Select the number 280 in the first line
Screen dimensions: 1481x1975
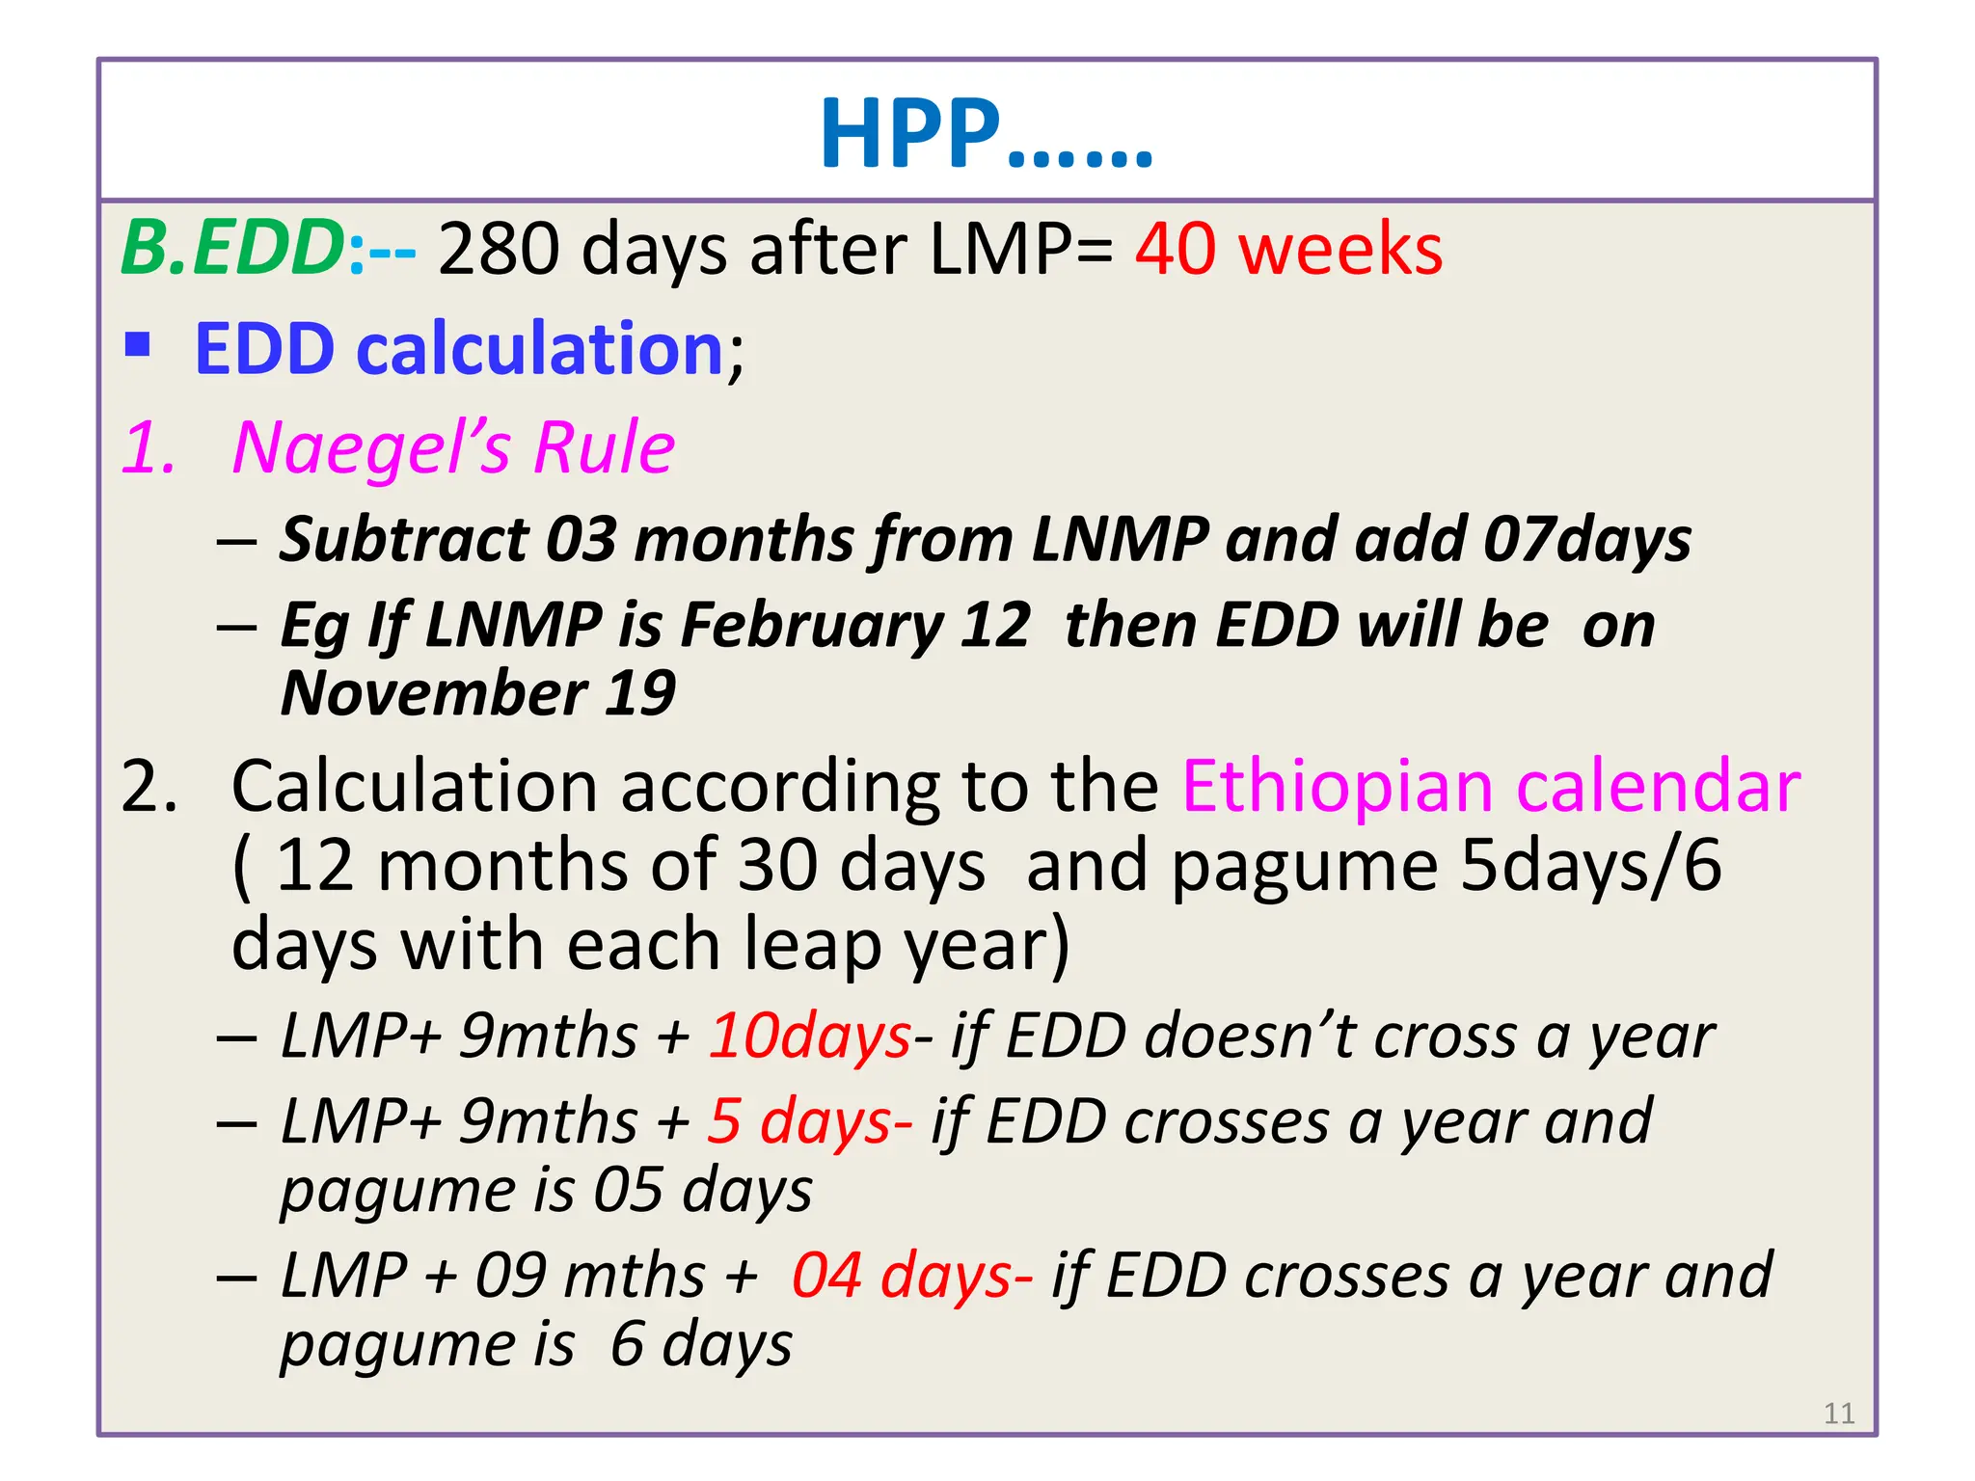[x=498, y=249]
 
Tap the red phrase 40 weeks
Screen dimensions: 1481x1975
[x=1288, y=249]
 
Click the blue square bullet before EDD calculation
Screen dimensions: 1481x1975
[x=138, y=344]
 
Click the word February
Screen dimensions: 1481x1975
[x=812, y=625]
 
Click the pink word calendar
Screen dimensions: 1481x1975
[x=1658, y=786]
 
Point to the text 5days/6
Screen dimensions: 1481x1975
[x=1590, y=865]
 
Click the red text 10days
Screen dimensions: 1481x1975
[x=810, y=1037]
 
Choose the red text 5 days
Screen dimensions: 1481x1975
[x=808, y=1121]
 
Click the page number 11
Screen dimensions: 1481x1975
[x=1839, y=1414]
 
